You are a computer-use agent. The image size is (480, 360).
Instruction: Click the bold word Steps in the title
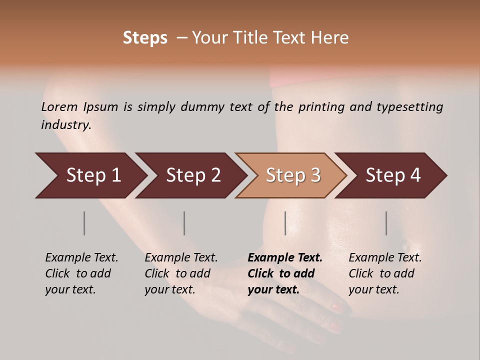click(145, 38)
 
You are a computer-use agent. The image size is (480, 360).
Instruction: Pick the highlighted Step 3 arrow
click(292, 175)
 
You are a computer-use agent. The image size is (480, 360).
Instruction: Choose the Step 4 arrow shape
click(392, 175)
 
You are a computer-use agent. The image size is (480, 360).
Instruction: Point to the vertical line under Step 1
click(84, 223)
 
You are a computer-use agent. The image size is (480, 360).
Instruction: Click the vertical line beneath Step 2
click(184, 223)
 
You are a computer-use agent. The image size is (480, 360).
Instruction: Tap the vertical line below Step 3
click(285, 223)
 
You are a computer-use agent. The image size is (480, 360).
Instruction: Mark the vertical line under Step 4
click(386, 223)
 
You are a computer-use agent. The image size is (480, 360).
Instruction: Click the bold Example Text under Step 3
click(284, 273)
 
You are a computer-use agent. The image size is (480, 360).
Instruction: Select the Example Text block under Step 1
click(81, 273)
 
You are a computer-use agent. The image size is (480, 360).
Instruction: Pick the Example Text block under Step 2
click(180, 273)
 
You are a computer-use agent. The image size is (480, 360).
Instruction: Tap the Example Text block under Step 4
click(384, 273)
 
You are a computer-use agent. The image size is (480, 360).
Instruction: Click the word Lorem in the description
click(59, 107)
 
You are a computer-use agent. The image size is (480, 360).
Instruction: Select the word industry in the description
click(65, 125)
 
